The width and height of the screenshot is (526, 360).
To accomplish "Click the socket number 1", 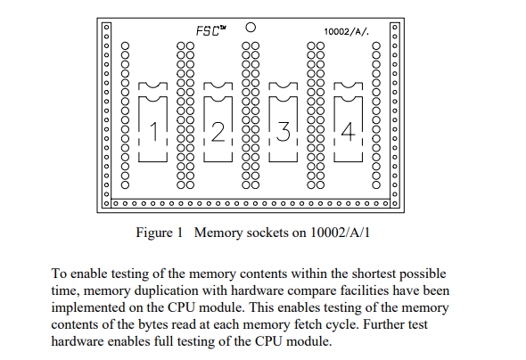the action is [x=154, y=131].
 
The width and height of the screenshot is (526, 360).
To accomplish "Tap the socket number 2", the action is [x=218, y=131].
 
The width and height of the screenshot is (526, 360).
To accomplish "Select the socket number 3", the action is [x=284, y=131].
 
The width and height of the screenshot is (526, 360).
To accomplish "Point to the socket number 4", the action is [x=349, y=131].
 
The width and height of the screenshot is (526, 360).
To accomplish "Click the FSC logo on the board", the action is [x=210, y=30].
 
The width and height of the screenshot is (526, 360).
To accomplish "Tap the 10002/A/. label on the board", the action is [x=347, y=32].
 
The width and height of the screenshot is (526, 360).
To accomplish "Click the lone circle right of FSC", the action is [x=251, y=27].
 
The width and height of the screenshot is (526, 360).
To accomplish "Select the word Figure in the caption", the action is [x=153, y=233].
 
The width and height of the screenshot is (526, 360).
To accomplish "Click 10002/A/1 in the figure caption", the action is [x=340, y=233].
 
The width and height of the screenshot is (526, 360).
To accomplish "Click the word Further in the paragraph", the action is [x=383, y=324].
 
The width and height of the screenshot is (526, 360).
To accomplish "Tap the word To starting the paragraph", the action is [x=59, y=274].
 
